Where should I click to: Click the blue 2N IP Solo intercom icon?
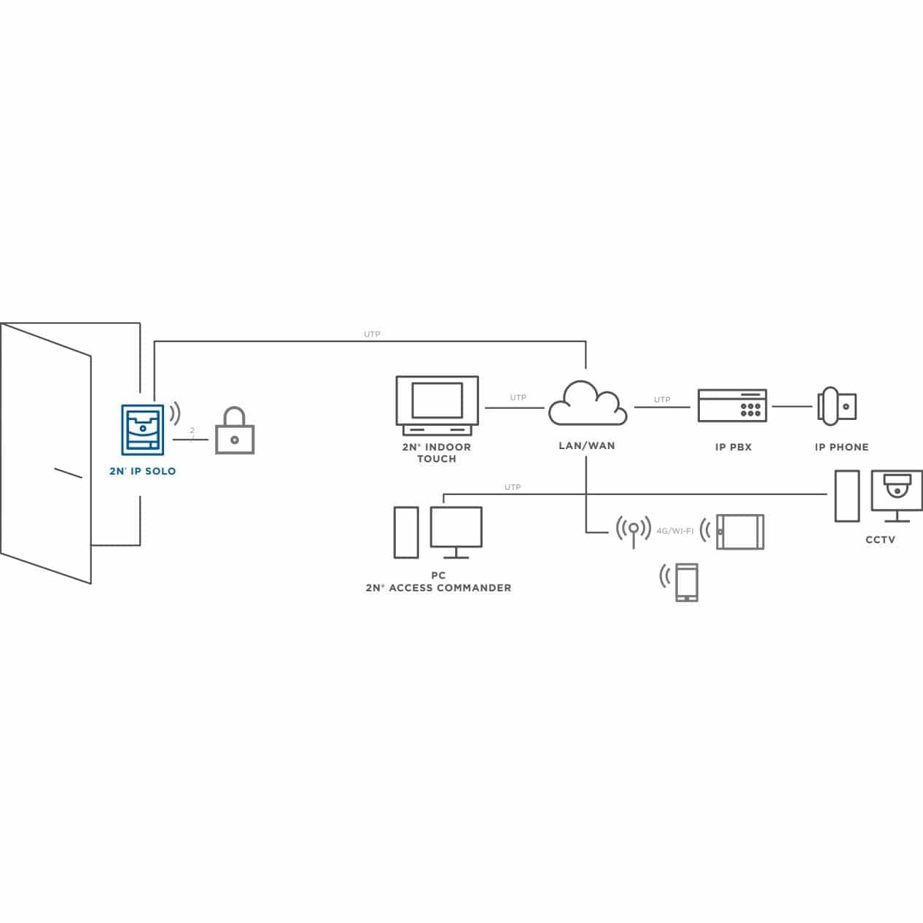pyautogui.click(x=142, y=429)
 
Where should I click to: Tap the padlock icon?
pyautogui.click(x=235, y=430)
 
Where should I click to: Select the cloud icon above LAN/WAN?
pyautogui.click(x=588, y=403)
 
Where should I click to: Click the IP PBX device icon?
pyautogui.click(x=733, y=405)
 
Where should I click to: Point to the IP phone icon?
pyautogui.click(x=837, y=406)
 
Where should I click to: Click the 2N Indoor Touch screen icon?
pyautogui.click(x=437, y=405)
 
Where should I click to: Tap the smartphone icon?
pyautogui.click(x=686, y=583)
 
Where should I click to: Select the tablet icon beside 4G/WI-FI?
pyautogui.click(x=740, y=531)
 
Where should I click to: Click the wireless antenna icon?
pyautogui.click(x=634, y=531)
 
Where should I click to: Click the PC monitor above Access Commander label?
pyautogui.click(x=456, y=532)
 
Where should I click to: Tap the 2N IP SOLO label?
pyautogui.click(x=143, y=471)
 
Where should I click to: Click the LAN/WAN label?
pyautogui.click(x=587, y=445)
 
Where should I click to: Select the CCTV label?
pyautogui.click(x=881, y=540)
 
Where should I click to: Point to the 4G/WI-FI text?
pyautogui.click(x=675, y=531)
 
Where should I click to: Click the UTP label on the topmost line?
pyautogui.click(x=372, y=334)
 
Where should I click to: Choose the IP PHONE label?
pyautogui.click(x=841, y=447)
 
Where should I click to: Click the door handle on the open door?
pyautogui.click(x=68, y=472)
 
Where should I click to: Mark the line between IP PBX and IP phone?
pyautogui.click(x=792, y=406)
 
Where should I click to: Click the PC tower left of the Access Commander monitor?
pyautogui.click(x=406, y=532)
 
